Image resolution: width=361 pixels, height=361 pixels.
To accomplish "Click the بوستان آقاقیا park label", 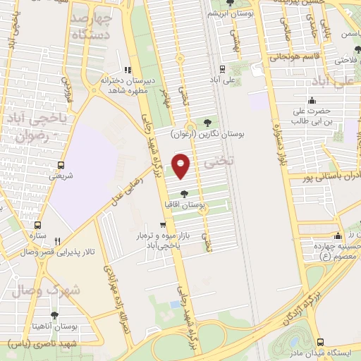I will tap(184, 204).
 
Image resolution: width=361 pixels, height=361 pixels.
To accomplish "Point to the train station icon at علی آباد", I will tap(223, 69).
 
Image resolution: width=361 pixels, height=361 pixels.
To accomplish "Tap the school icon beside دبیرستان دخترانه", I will tap(128, 70).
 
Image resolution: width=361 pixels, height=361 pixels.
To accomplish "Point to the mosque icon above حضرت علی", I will tap(312, 99).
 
